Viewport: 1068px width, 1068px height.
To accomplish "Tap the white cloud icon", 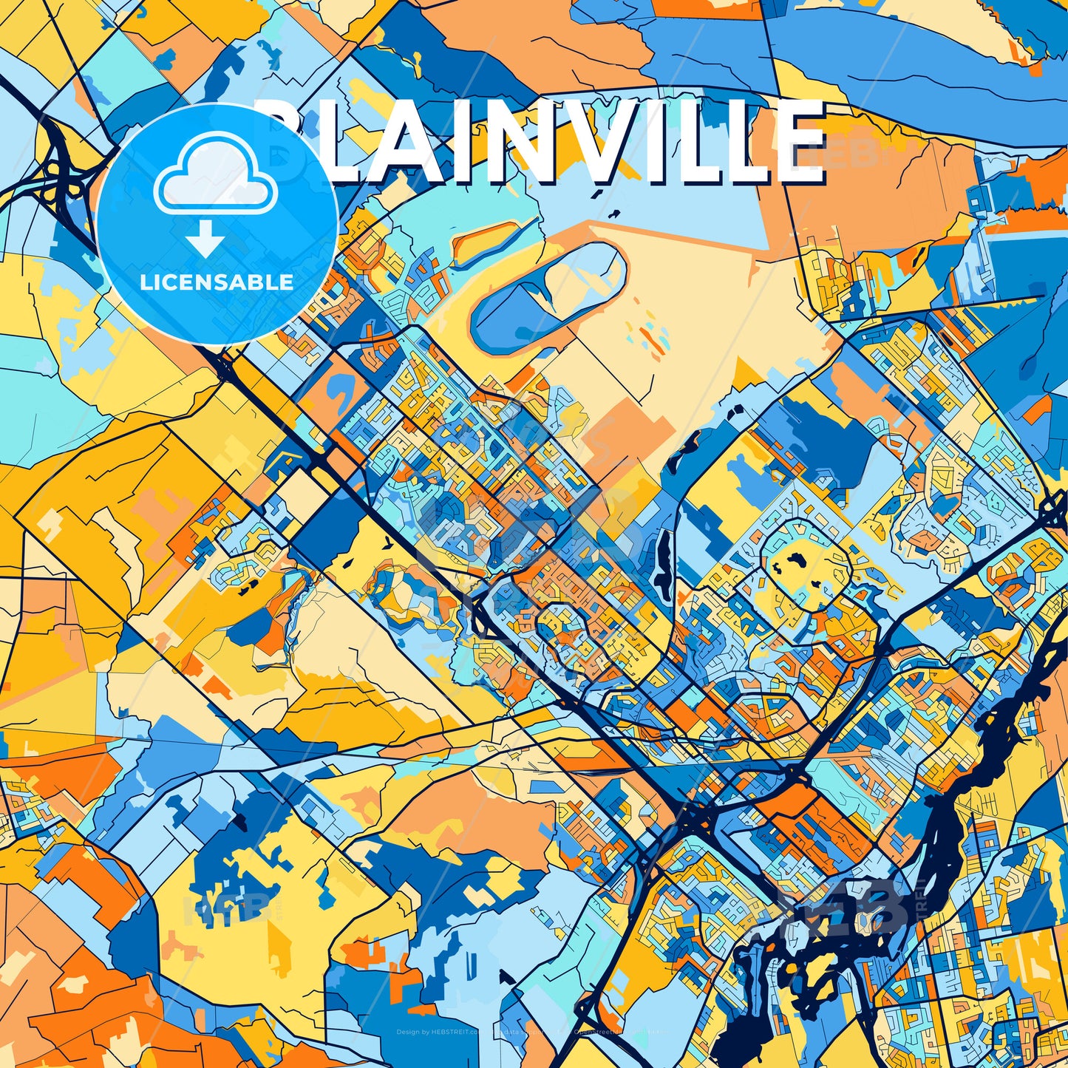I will pos(216,178).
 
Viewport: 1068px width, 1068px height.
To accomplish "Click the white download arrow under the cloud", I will pos(204,240).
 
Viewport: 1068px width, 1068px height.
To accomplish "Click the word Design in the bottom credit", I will pos(407,1032).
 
